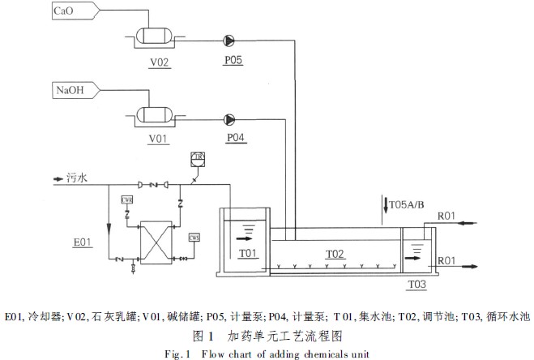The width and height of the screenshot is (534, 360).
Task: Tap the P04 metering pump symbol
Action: pyautogui.click(x=229, y=118)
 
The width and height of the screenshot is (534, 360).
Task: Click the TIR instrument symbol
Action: pyautogui.click(x=197, y=156)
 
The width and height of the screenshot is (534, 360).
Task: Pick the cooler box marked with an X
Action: pyautogui.click(x=158, y=241)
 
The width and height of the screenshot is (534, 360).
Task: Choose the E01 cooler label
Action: pyautogui.click(x=82, y=242)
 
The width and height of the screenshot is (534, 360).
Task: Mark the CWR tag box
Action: pyautogui.click(x=127, y=199)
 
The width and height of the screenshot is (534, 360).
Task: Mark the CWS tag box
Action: pyautogui.click(x=194, y=238)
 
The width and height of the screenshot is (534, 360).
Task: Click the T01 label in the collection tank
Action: pyautogui.click(x=247, y=253)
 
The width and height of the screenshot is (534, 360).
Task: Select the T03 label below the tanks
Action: pyautogui.click(x=417, y=284)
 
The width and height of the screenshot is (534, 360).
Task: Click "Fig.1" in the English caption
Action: pyautogui.click(x=177, y=353)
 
